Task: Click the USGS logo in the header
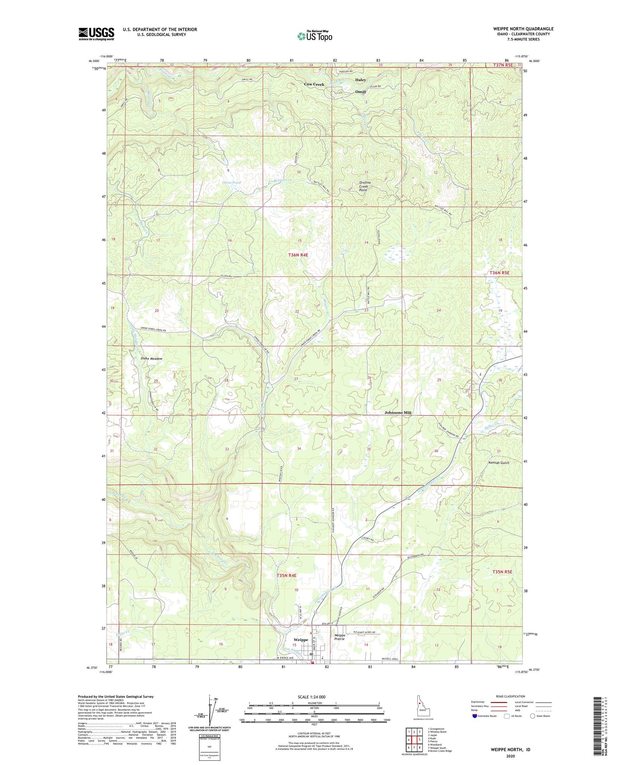coord(96,34)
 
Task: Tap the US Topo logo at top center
coord(314,36)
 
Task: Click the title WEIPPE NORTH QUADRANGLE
coord(523,29)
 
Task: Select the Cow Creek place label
coord(314,84)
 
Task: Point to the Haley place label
coord(360,80)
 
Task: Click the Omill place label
coord(360,92)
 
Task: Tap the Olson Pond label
coord(231,183)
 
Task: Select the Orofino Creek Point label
coord(363,187)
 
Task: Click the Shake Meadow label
coord(151,359)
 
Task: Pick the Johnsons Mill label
coord(398,413)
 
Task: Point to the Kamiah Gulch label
coord(499,463)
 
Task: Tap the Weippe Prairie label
coord(340,637)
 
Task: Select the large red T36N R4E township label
coord(298,255)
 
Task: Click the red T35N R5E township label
coord(502,572)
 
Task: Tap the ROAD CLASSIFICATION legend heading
coord(511,697)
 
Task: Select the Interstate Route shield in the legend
coord(474,716)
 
